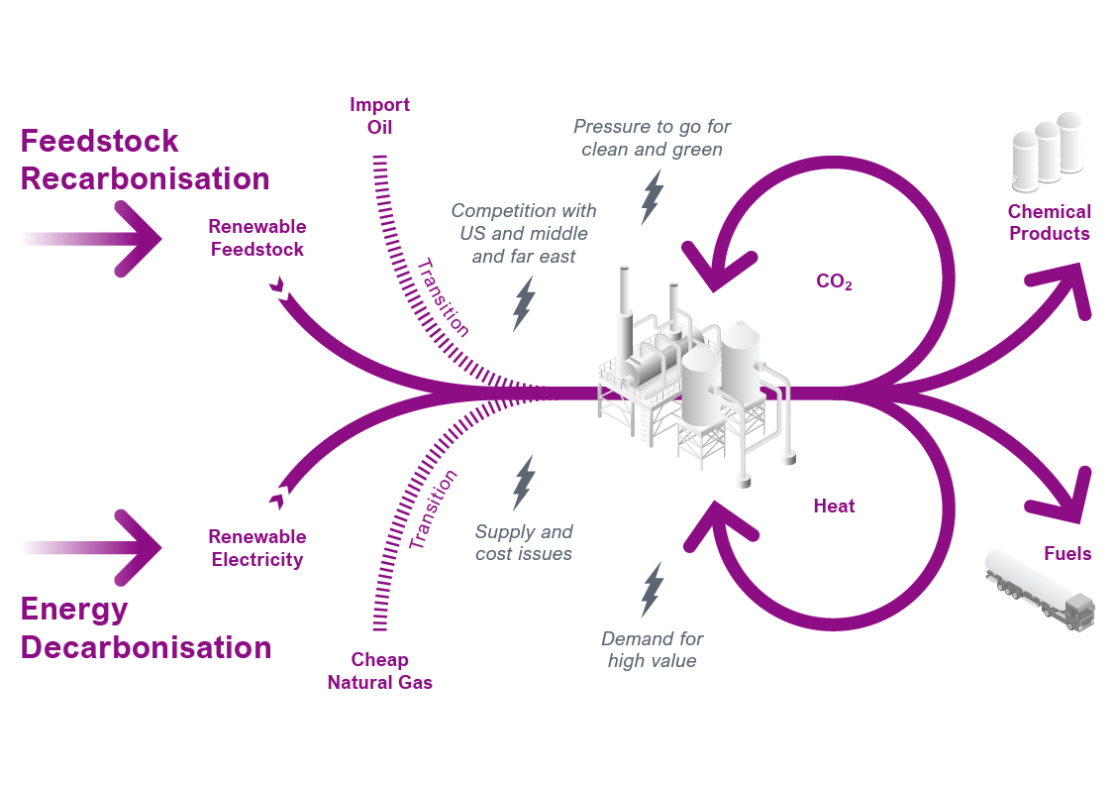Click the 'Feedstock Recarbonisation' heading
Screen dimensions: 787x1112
(145, 160)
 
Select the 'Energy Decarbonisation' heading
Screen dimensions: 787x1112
(146, 627)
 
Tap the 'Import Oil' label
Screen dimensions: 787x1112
(379, 116)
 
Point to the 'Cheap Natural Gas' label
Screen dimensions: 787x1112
(380, 671)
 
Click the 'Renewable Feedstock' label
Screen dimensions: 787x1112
(257, 238)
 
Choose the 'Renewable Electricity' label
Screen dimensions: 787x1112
(257, 548)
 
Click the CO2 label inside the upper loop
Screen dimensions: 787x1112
(834, 282)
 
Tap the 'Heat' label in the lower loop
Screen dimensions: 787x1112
(834, 506)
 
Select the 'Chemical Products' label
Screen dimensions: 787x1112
(1049, 222)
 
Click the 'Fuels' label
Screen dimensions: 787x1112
(1067, 553)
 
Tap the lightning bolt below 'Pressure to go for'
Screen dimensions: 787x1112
(652, 196)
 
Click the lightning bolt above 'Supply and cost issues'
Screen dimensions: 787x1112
(523, 483)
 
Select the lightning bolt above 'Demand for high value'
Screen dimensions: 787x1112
(652, 590)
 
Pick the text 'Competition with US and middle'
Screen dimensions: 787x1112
(524, 222)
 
